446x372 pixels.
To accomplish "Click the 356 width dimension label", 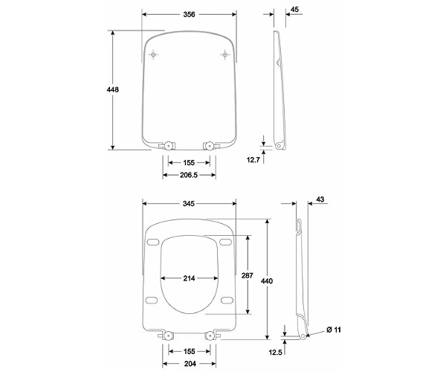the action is tap(189, 14).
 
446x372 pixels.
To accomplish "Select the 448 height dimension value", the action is tap(113, 90).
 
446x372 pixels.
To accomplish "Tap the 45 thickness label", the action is tap(294, 10).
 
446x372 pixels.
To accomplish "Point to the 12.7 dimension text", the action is tap(253, 160).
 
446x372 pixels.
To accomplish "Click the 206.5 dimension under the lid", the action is tap(189, 175).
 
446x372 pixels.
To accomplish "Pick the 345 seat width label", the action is tap(189, 204).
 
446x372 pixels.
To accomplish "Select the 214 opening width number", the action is tap(189, 278).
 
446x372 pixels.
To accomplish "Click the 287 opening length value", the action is tap(248, 275).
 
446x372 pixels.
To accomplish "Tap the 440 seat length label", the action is tap(267, 281).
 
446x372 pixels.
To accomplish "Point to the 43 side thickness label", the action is tap(320, 199).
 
